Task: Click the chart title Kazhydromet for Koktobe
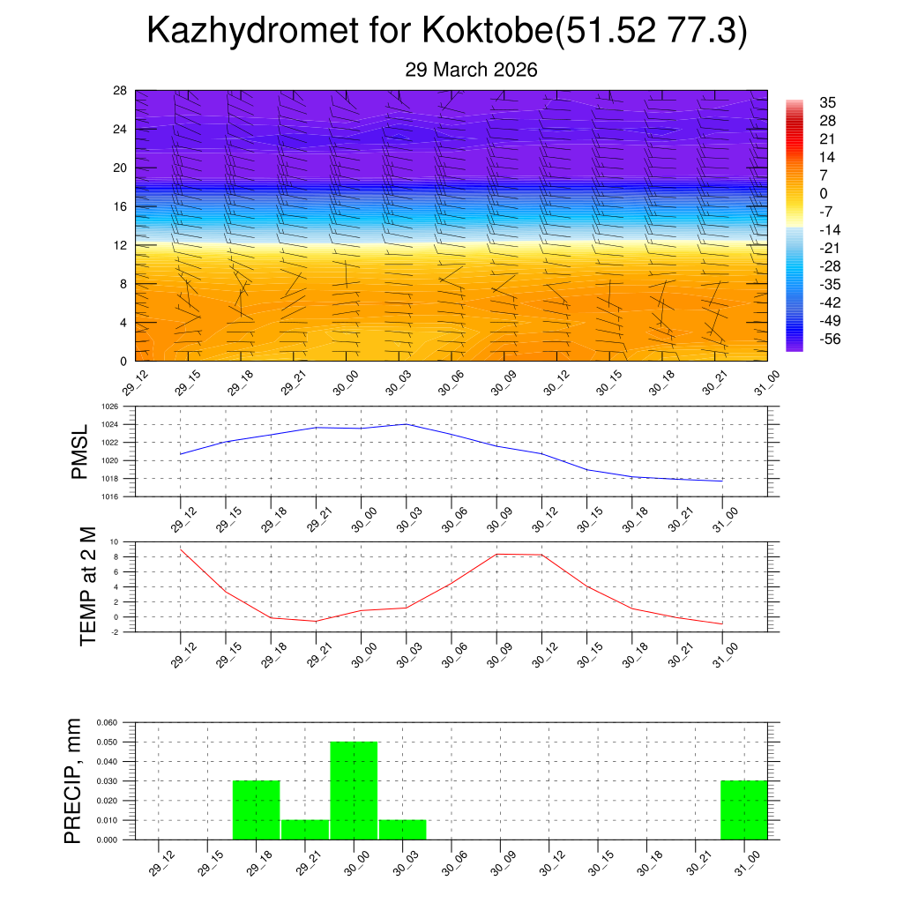pos(447,31)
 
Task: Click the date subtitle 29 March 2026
pos(471,70)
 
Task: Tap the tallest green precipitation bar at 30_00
pos(354,790)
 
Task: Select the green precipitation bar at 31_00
pos(743,810)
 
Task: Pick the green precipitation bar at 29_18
pos(257,810)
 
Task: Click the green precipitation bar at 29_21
pos(305,830)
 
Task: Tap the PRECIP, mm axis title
pos(73,780)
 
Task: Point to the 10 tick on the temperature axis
pos(115,541)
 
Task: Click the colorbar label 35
pos(827,102)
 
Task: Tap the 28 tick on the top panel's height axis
pos(121,90)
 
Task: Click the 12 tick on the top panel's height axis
pos(121,245)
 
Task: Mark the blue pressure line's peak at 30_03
pos(406,424)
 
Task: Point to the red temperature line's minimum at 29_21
pos(316,622)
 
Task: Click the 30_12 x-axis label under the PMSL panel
pos(544,519)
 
